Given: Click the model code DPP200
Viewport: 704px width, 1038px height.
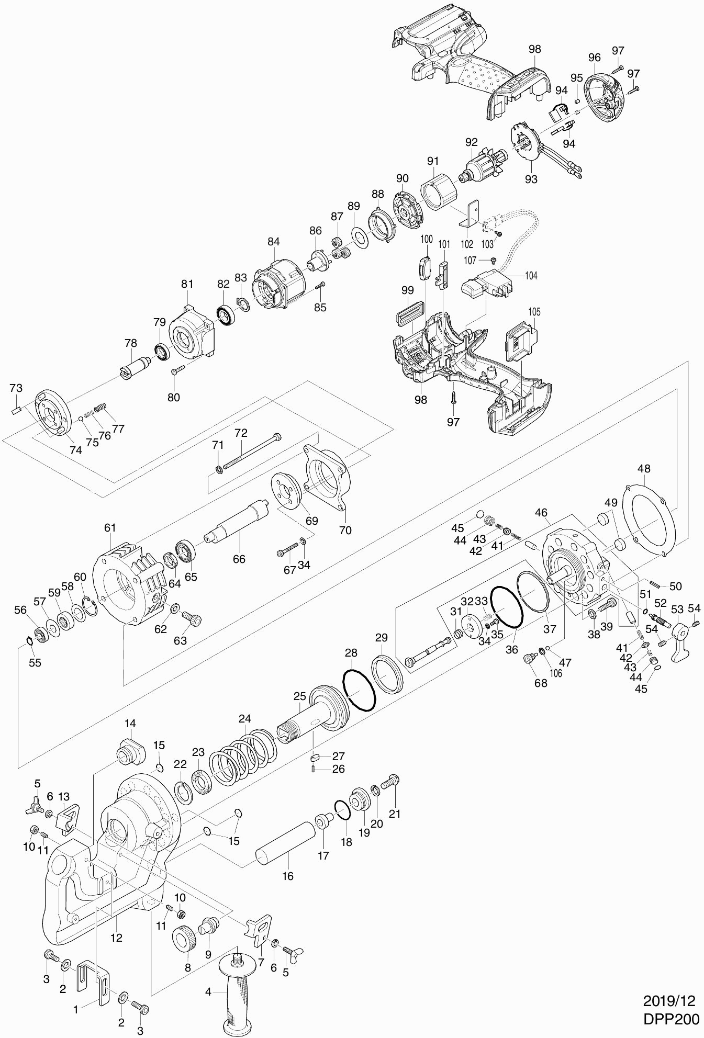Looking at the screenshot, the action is click(672, 1019).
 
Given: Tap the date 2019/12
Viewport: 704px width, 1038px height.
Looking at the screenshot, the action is click(669, 1001).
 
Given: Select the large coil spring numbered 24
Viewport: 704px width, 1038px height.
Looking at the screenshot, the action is click(243, 755).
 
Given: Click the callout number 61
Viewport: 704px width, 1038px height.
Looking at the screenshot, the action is click(110, 527).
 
